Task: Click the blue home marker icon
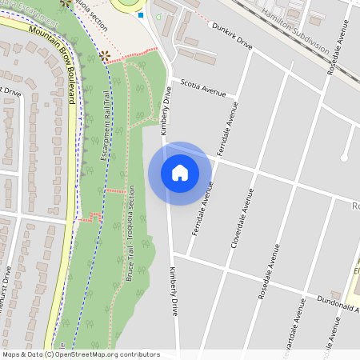(x=180, y=173)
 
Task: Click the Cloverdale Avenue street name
(x=242, y=218)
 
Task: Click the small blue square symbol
(x=141, y=14)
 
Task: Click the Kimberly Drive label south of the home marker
(x=173, y=290)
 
